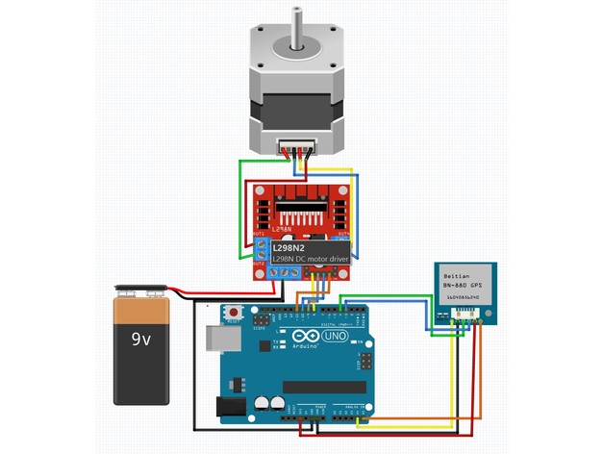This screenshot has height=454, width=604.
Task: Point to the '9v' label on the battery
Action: tap(140, 339)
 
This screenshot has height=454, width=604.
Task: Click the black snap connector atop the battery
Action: tap(141, 290)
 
